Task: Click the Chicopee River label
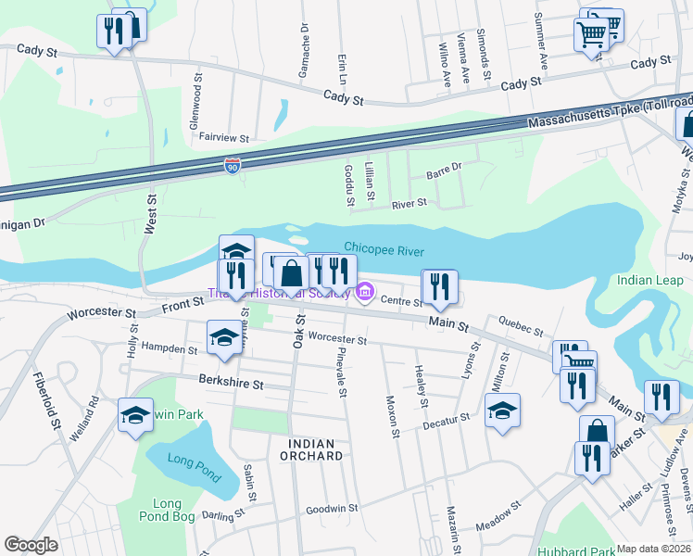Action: tap(382, 247)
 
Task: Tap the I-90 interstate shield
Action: tap(233, 166)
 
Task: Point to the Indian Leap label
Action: tap(647, 281)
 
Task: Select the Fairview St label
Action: tap(224, 137)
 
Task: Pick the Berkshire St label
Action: tap(232, 382)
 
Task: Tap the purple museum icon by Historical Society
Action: tap(365, 295)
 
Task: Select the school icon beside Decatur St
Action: tap(502, 411)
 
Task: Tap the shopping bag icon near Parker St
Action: tap(598, 432)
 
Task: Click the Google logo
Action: tap(31, 545)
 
